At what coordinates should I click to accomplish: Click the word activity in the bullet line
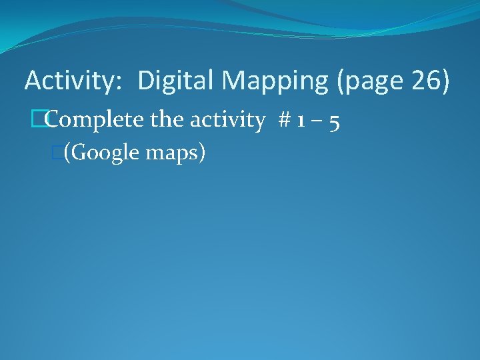(x=227, y=121)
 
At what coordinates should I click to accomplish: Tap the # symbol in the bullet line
(x=284, y=121)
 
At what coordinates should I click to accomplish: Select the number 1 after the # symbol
(x=302, y=121)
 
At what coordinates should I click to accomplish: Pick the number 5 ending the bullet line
(x=336, y=121)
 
